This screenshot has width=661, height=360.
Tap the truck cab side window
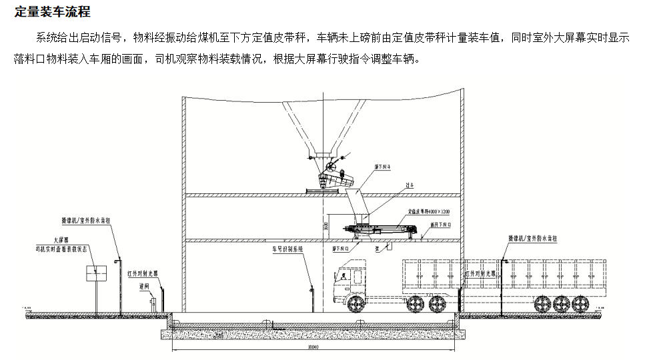(345, 274)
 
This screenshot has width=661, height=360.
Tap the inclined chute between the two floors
(354, 199)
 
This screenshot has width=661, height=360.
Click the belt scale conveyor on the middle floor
(384, 229)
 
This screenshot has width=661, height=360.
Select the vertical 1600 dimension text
(326, 227)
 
